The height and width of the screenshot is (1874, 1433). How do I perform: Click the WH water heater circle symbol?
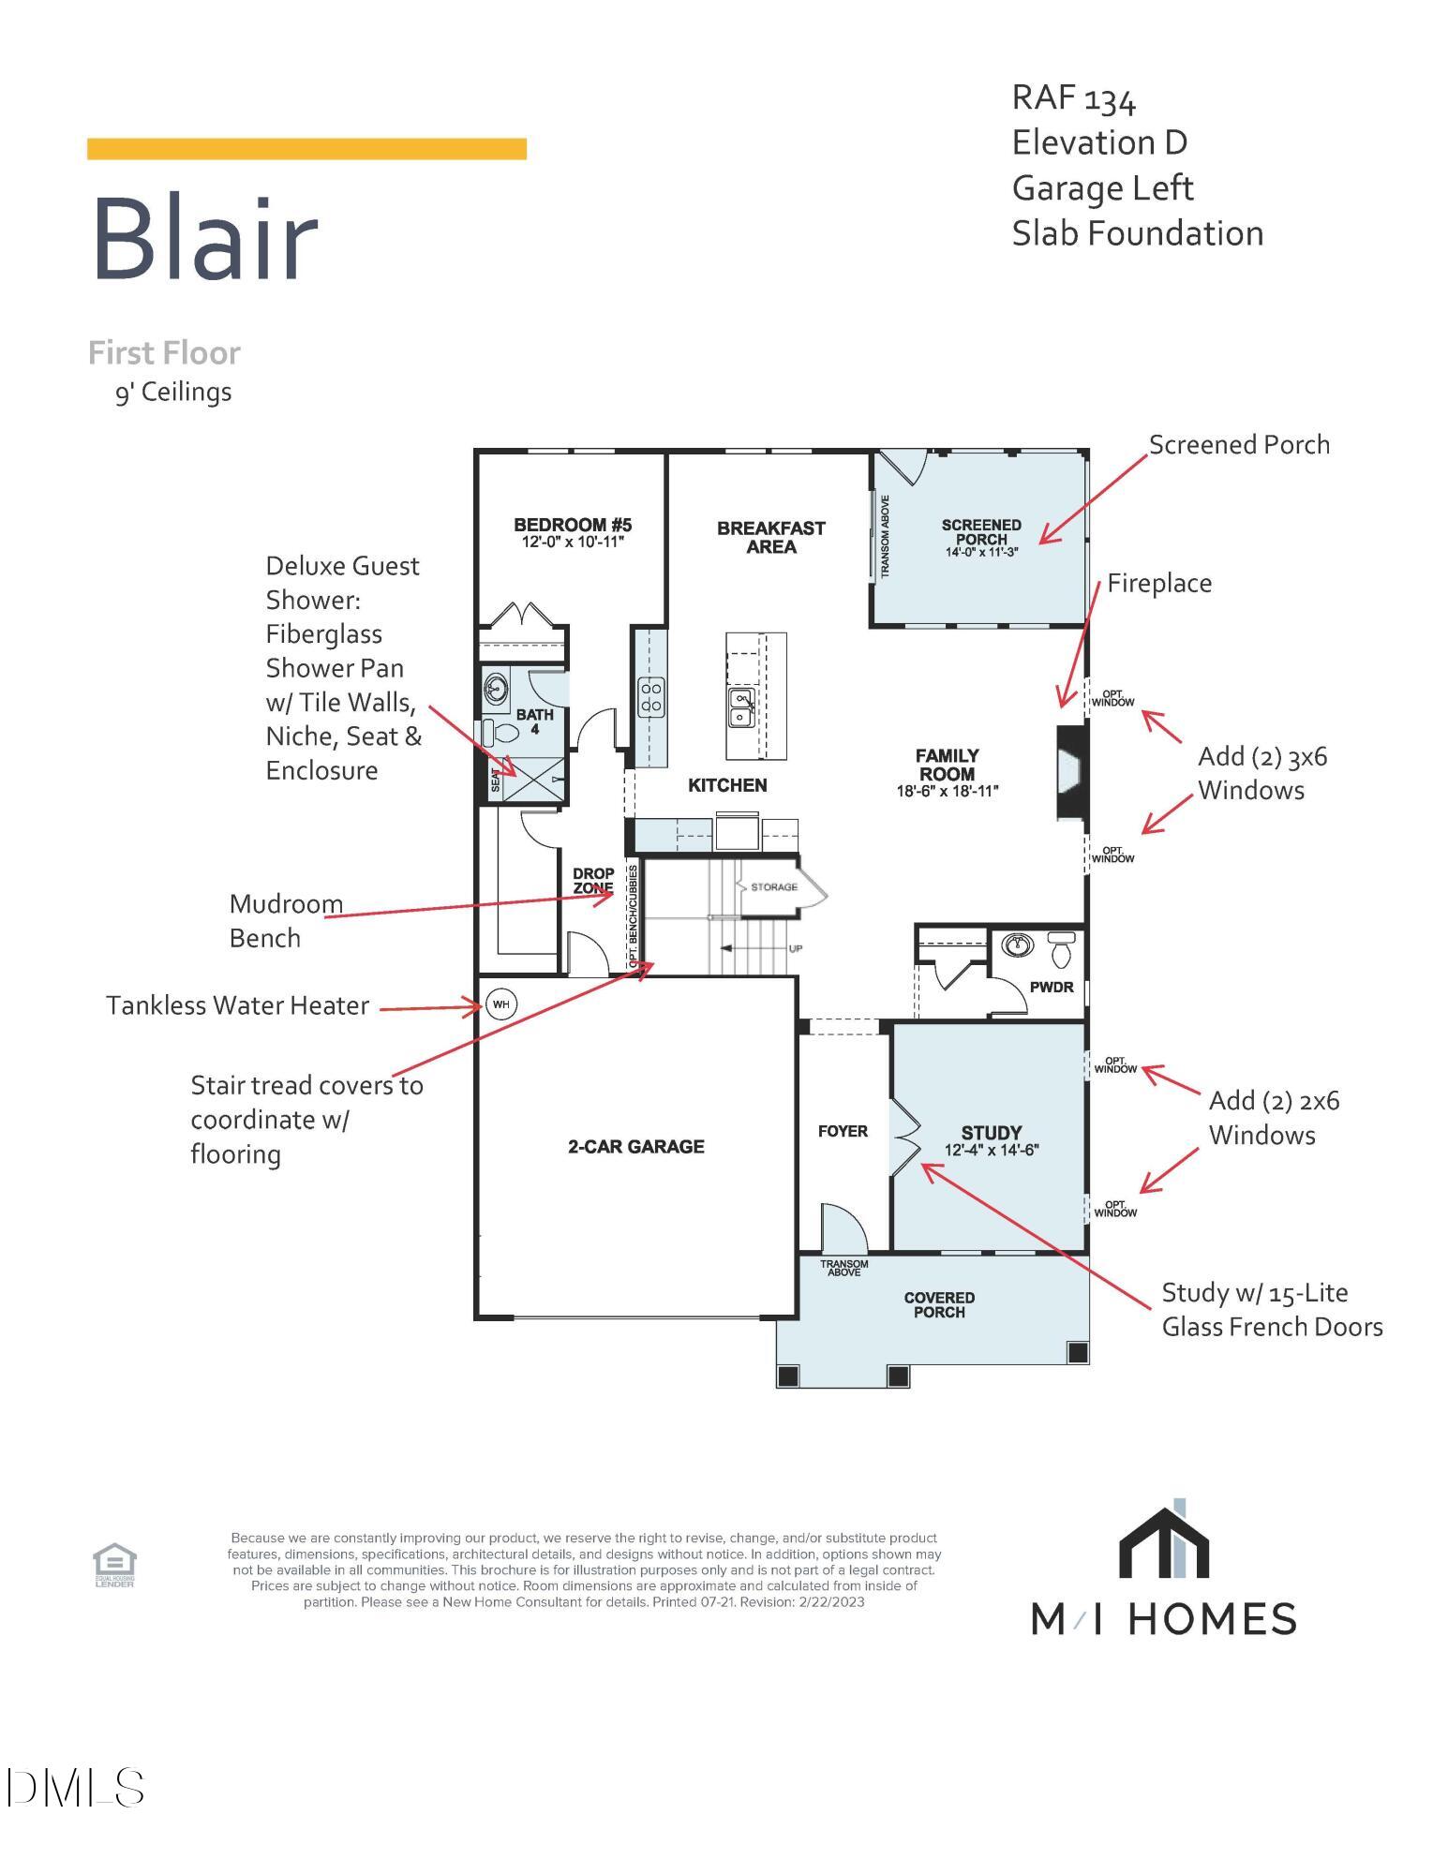coord(501,1004)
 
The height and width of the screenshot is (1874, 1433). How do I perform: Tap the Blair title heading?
coord(205,239)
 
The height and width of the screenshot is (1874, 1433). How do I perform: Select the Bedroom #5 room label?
coord(573,525)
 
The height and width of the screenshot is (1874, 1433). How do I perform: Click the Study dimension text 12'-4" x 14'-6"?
coord(993,1151)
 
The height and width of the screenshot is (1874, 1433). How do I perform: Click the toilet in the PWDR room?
coord(1061,952)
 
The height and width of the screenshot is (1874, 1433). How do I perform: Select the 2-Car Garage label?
coord(635,1147)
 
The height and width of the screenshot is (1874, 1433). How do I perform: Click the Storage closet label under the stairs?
coord(774,886)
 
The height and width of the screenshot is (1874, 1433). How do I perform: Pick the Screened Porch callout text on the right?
coord(1238,445)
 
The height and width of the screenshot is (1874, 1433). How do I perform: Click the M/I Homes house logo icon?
coord(1164,1541)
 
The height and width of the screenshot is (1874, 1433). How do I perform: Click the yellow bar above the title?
coord(306,149)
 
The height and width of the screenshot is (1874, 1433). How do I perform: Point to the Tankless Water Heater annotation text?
coord(237,1006)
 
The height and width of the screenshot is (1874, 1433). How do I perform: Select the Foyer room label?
coord(843,1132)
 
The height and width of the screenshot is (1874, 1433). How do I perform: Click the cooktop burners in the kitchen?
coord(651,697)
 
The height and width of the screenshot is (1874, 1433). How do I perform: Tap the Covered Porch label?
coord(939,1304)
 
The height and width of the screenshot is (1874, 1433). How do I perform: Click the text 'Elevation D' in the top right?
coord(1099,143)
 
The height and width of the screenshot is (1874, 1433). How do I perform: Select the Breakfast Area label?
coord(770,538)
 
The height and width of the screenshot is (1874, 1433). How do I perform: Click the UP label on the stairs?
coord(795,949)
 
